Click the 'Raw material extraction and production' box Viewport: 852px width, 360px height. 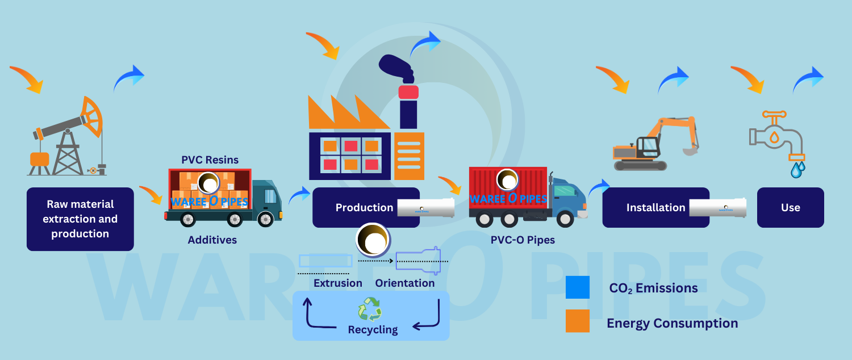pyautogui.click(x=80, y=219)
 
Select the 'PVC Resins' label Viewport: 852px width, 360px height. pyautogui.click(x=210, y=160)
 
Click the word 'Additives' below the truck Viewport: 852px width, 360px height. pyautogui.click(x=212, y=240)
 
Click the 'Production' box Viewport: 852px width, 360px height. pyautogui.click(x=365, y=207)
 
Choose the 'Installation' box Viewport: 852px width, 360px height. pyautogui.click(x=655, y=207)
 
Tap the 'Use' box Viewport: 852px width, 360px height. pyautogui.click(x=790, y=207)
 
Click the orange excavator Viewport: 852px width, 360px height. pyautogui.click(x=653, y=145)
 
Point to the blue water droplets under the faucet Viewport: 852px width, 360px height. pyautogui.click(x=798, y=169)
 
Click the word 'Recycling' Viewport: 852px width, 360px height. pyautogui.click(x=373, y=329)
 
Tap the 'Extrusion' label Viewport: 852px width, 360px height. pyautogui.click(x=337, y=283)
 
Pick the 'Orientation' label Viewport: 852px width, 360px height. pyautogui.click(x=404, y=283)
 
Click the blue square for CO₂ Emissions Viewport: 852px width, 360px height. pyautogui.click(x=578, y=287)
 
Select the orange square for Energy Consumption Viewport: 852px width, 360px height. pyautogui.click(x=578, y=321)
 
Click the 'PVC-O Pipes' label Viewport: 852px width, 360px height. pyautogui.click(x=523, y=240)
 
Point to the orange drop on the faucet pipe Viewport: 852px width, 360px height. pyautogui.click(x=774, y=137)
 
